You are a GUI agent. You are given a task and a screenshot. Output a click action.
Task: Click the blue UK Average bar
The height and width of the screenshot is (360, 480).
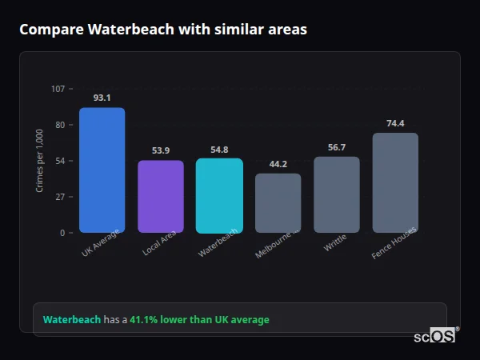pos(102,170)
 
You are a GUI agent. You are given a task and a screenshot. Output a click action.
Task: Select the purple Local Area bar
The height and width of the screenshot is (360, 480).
pos(161,196)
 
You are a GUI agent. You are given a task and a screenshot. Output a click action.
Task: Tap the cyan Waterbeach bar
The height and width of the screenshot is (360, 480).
pos(219,195)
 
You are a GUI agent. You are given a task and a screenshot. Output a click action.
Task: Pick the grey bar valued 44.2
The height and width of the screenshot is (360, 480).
pos(278,202)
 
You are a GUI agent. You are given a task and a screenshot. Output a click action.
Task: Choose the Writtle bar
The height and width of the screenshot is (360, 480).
pos(336,194)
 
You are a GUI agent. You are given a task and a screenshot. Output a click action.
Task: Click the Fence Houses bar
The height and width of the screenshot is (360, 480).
pos(395,182)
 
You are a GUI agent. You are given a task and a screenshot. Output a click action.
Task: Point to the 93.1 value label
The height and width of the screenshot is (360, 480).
pos(102,98)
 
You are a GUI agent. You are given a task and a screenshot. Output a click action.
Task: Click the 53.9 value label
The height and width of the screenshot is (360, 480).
pos(161,150)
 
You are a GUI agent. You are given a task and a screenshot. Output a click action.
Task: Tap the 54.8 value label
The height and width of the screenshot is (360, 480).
pos(219,149)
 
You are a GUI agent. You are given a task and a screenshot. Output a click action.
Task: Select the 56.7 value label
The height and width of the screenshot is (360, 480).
pos(336,147)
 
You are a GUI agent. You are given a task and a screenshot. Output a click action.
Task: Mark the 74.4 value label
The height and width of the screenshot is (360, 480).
pos(395,123)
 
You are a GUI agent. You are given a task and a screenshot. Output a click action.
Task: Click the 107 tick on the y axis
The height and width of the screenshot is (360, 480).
pos(58,89)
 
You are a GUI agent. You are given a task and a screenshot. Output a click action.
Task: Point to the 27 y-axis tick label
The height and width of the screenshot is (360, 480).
pos(60,197)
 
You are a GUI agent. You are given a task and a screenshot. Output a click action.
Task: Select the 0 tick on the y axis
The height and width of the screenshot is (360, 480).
pos(62,233)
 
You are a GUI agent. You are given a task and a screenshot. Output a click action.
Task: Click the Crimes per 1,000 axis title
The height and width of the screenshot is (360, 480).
pos(40,161)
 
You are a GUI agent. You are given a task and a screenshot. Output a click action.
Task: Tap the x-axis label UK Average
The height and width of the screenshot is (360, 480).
pos(101,242)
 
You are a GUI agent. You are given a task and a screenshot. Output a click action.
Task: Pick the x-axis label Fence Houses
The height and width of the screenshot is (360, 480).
pos(394,242)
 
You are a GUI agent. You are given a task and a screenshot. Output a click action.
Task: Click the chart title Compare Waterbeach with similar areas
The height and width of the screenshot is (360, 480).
pos(163,29)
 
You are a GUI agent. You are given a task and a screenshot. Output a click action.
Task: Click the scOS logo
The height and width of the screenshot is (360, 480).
pos(435,336)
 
